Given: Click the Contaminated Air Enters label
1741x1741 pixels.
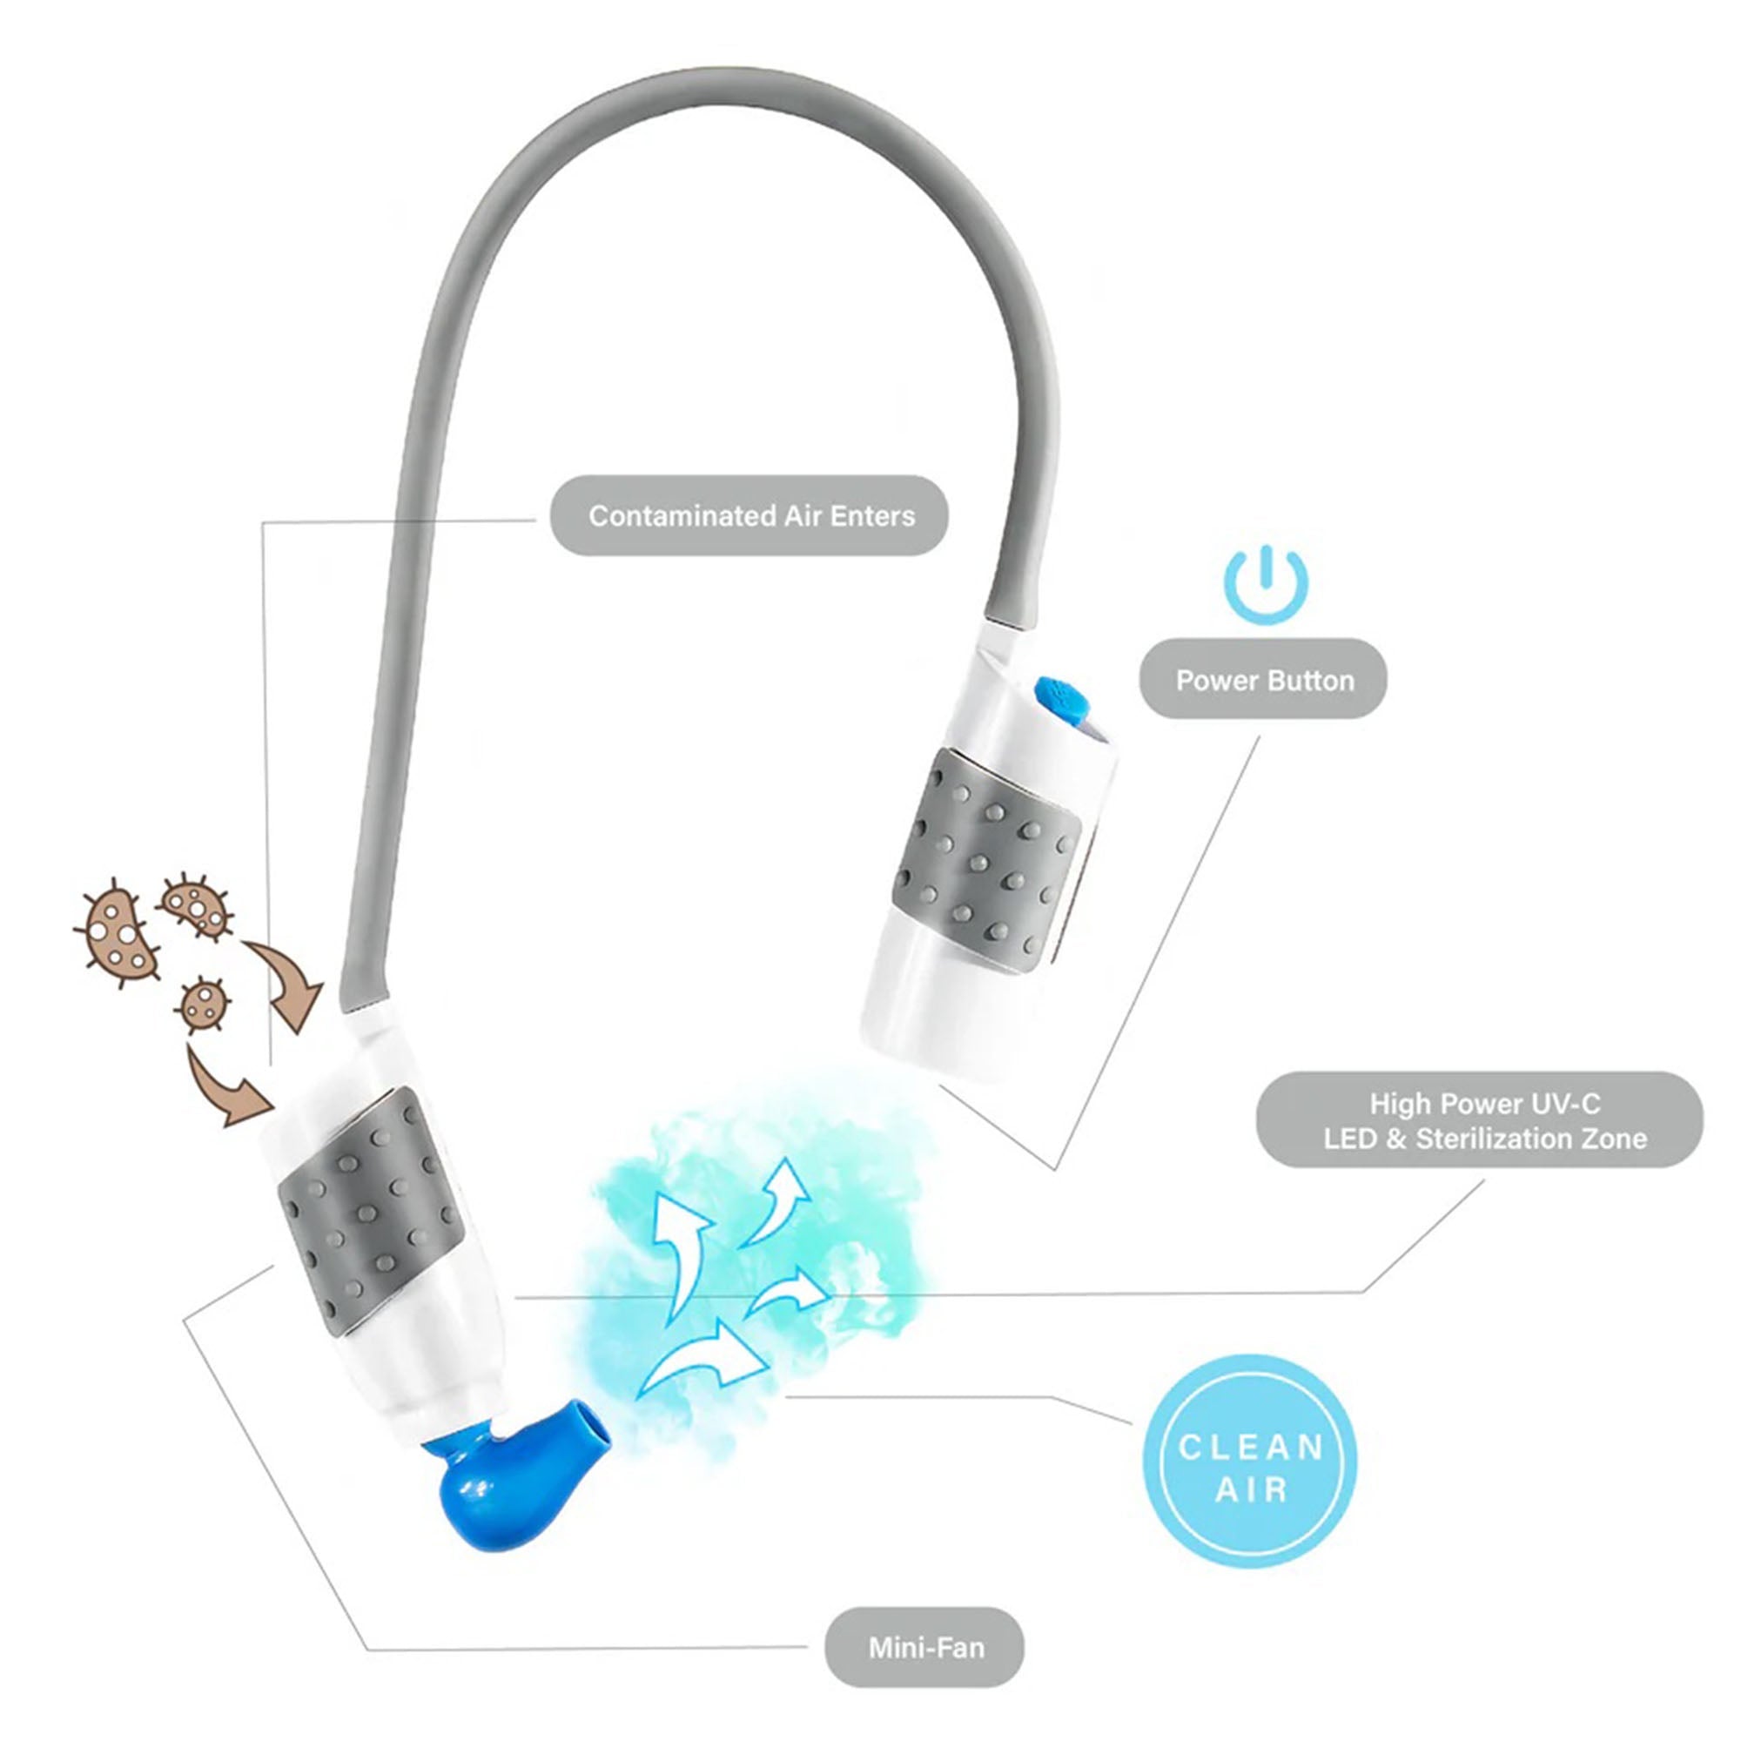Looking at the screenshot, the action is (x=749, y=515).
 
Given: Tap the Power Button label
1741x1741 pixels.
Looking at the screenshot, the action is (x=1263, y=681).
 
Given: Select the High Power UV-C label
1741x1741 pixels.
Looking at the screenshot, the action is (x=1480, y=1120).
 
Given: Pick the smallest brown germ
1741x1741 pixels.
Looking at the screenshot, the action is (x=203, y=1003).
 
